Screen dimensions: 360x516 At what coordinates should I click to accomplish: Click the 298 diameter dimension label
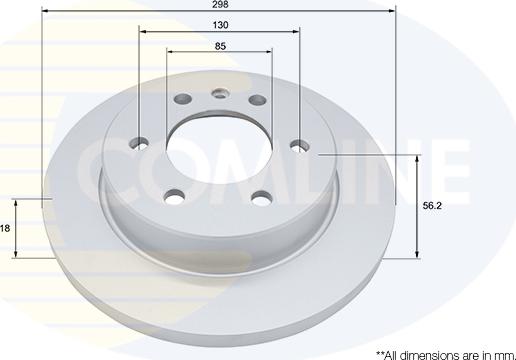pos(218,5)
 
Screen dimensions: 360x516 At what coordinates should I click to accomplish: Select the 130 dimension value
pos(218,24)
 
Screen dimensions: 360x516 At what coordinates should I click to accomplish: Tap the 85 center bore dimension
pos(218,45)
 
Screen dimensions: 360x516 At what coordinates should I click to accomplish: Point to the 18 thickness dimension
pos(6,229)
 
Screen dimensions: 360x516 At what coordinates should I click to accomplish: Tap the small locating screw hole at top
pos(219,96)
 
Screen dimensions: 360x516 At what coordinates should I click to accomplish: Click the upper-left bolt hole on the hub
pos(183,101)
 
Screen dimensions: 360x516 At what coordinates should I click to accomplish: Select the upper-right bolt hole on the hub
pos(256,101)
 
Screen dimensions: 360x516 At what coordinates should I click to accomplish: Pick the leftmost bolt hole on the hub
pos(140,142)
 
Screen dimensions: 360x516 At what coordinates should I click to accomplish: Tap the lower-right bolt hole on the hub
pos(262,197)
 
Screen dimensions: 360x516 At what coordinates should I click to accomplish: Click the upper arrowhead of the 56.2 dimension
pos(416,159)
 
